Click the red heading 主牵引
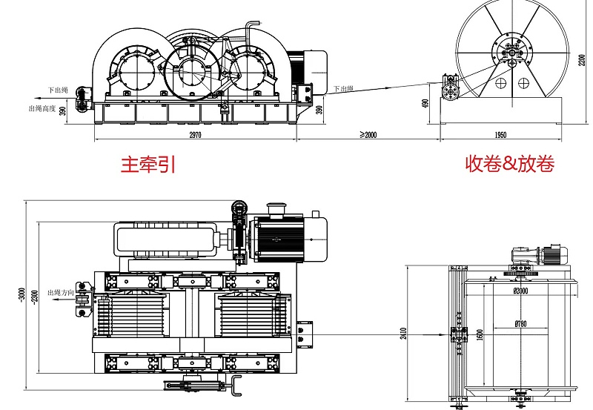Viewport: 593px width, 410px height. coord(148,164)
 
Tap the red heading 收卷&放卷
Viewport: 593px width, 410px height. coord(509,163)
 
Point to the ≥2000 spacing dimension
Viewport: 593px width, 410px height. coord(368,135)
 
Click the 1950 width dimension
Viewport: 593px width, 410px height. coord(500,135)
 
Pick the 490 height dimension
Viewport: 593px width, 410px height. coord(425,102)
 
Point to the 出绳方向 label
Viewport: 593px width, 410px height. coord(61,292)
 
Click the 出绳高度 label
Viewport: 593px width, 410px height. coord(42,108)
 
